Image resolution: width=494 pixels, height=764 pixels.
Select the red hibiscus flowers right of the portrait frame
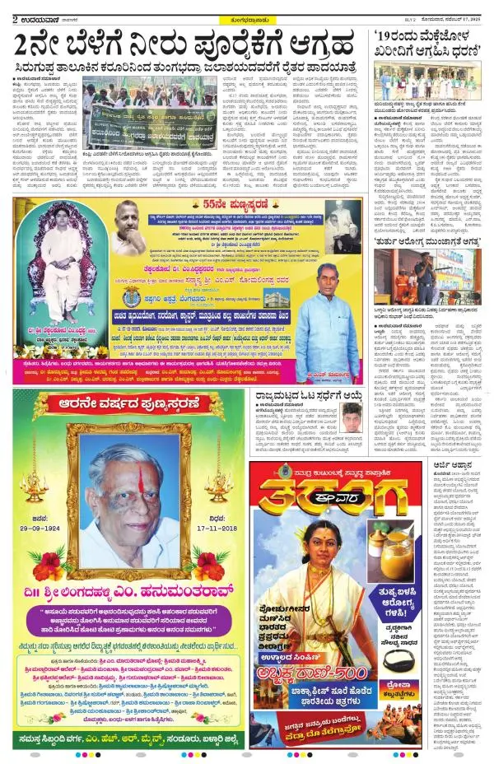pyautogui.click(x=207, y=567)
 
